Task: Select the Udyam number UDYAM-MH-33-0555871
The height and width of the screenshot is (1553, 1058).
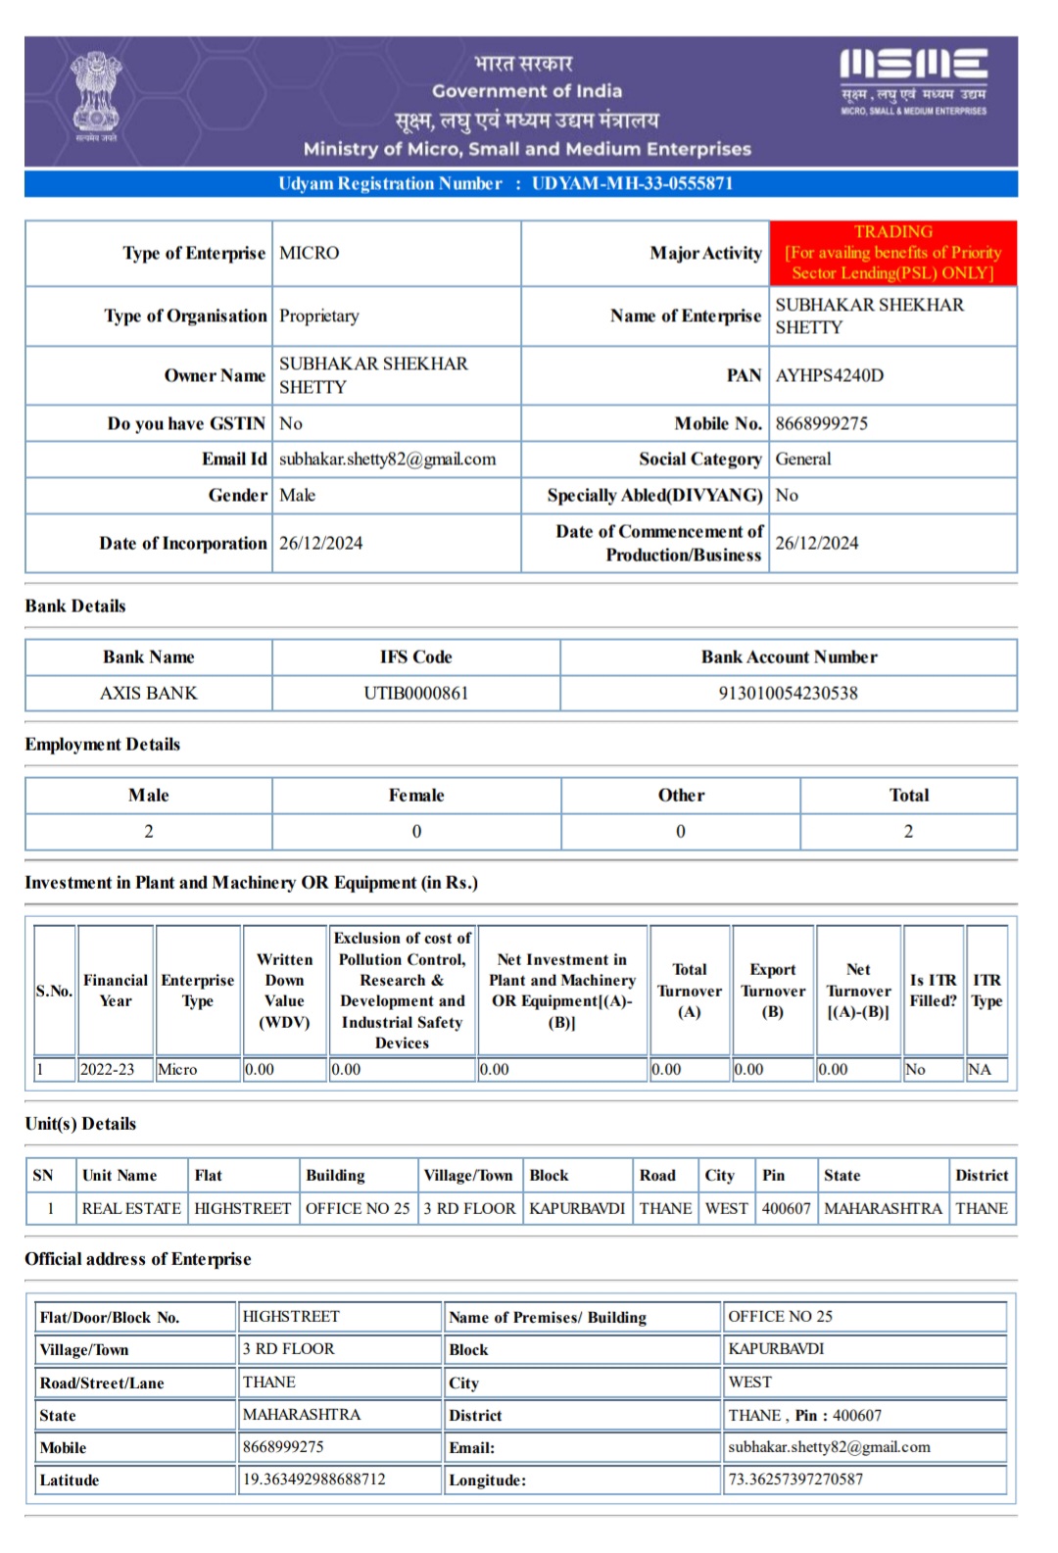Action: click(632, 183)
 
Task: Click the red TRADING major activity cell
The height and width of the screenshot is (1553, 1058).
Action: click(892, 253)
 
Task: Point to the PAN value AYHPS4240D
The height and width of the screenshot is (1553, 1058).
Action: click(830, 375)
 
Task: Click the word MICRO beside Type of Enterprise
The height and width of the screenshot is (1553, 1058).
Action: click(310, 253)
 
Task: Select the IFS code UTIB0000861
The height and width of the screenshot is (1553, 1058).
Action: click(416, 693)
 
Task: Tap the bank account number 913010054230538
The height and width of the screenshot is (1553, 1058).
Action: click(788, 693)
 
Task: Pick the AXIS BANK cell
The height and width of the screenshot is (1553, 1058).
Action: click(149, 693)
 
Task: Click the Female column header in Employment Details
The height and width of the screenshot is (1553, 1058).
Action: click(416, 795)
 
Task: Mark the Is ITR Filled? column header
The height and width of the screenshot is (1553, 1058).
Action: click(933, 990)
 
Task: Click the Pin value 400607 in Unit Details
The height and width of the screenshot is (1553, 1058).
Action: click(786, 1208)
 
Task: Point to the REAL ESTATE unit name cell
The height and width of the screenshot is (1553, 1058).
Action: click(131, 1208)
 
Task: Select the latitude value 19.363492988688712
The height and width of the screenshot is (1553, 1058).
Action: click(314, 1479)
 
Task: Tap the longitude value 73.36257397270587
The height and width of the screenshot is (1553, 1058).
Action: click(795, 1479)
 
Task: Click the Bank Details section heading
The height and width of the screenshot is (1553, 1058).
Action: click(75, 606)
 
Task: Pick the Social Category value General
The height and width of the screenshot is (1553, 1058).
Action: click(803, 459)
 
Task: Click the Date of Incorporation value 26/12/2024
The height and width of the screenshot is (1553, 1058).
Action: click(320, 543)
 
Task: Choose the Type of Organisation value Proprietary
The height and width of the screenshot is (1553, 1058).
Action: click(319, 315)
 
